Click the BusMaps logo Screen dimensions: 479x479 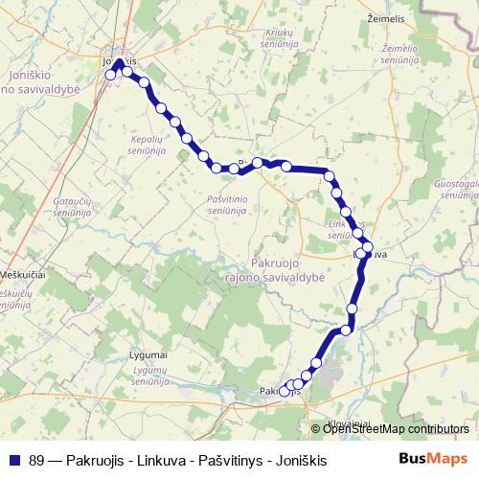(433, 459)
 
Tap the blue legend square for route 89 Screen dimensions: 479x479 (13, 460)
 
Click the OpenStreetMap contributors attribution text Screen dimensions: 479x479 (396, 429)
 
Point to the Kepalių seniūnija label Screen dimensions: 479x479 (148, 144)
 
